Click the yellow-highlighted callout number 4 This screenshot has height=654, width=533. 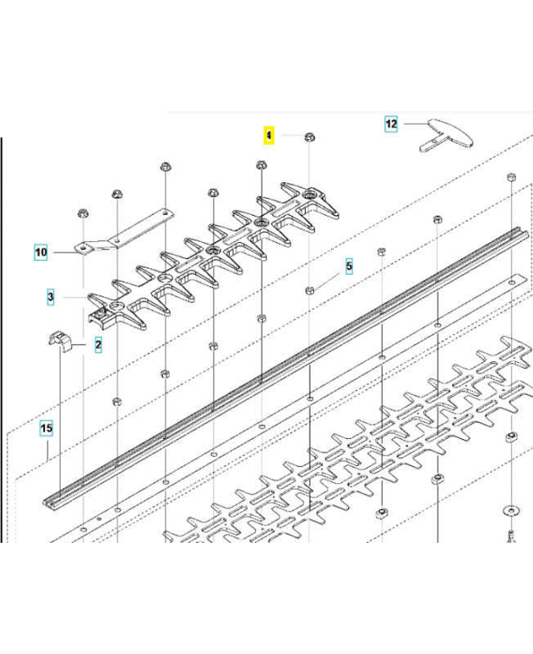coord(269,135)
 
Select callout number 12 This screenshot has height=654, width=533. coord(391,124)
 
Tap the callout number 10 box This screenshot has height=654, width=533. coord(41,253)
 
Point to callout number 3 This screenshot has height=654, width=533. coord(51,297)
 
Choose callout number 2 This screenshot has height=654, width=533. coord(98,344)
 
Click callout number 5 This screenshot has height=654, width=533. coord(349,267)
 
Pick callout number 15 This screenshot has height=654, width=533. coord(47,428)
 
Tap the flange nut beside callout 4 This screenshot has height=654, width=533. coord(310,137)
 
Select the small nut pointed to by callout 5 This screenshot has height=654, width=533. coord(310,290)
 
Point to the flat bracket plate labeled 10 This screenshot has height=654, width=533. coord(124,231)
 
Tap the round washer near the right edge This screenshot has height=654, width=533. coord(510,509)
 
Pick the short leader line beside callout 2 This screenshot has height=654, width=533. coord(79,344)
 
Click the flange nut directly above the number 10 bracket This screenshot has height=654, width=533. coord(83,213)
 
